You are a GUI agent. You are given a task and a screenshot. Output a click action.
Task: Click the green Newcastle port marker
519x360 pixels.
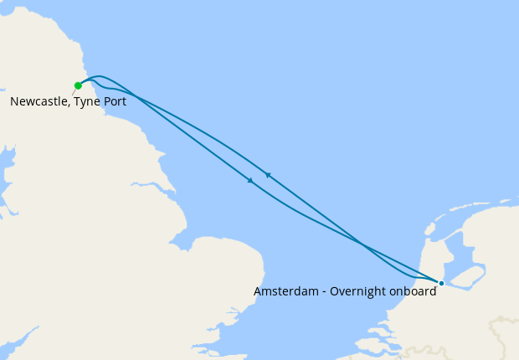pyautogui.click(x=78, y=85)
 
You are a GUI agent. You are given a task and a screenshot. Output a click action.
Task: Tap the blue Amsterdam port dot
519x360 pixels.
pyautogui.click(x=441, y=283)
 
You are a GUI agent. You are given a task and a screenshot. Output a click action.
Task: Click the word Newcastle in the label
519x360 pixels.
pyautogui.click(x=39, y=101)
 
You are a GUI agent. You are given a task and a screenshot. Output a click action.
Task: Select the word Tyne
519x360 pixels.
pyautogui.click(x=90, y=101)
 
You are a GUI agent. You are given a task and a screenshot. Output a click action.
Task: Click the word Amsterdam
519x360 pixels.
pyautogui.click(x=285, y=292)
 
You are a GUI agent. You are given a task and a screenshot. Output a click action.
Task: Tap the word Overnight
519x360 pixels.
pyautogui.click(x=358, y=292)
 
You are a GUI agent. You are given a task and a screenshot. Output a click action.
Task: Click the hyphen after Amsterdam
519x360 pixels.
pyautogui.click(x=323, y=292)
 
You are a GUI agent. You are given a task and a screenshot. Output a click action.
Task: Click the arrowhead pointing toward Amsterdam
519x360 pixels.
pyautogui.click(x=250, y=180)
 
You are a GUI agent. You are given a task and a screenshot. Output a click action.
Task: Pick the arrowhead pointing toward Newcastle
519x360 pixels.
pyautogui.click(x=267, y=174)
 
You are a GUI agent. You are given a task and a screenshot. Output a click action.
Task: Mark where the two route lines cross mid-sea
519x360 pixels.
pyautogui.click(x=362, y=244)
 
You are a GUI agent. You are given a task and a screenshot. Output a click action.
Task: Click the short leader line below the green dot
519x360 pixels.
pyautogui.click(x=74, y=91)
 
